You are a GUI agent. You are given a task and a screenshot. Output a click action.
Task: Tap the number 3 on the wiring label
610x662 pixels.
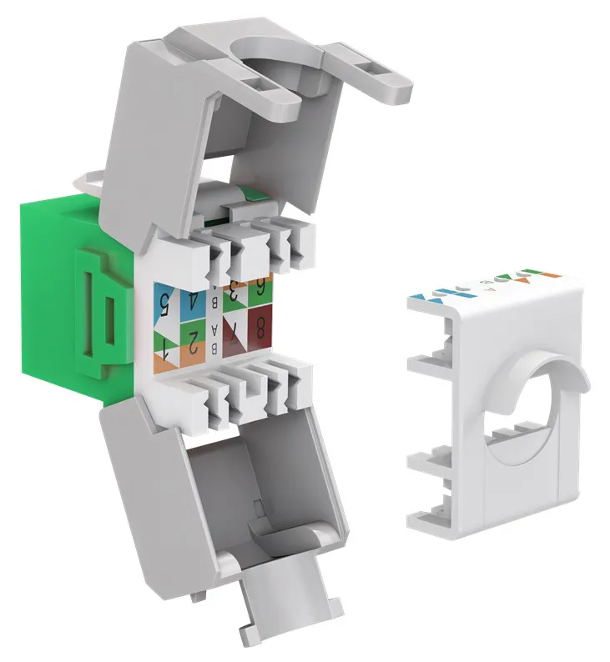pos(236,293)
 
